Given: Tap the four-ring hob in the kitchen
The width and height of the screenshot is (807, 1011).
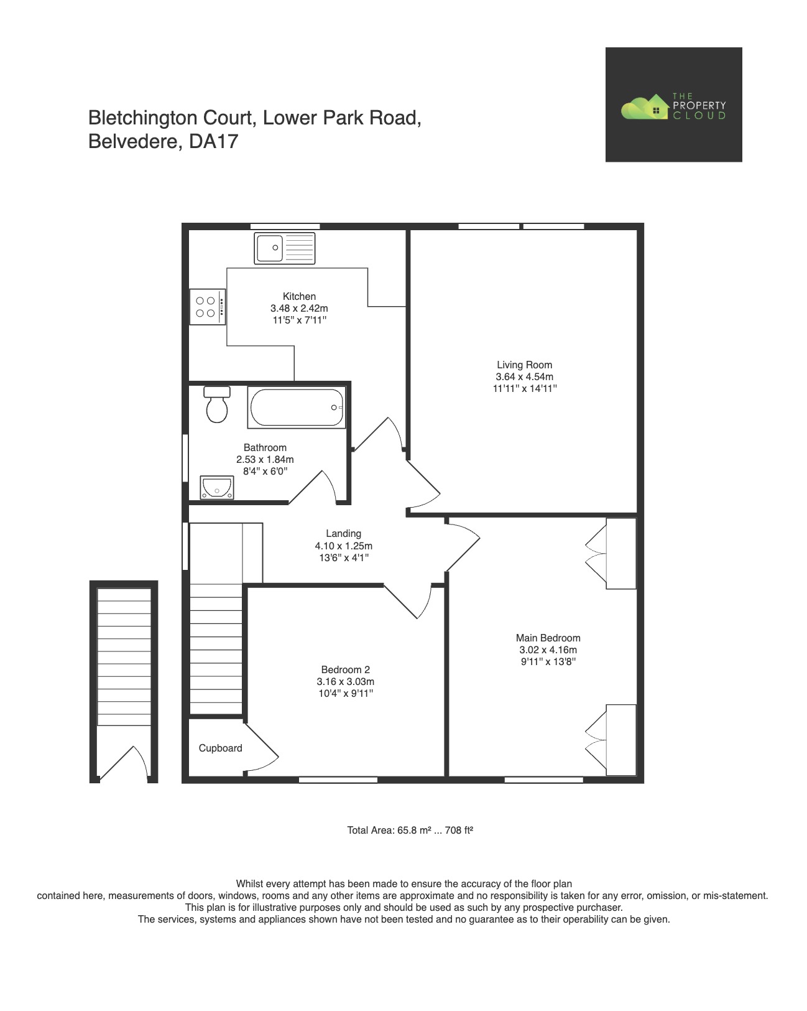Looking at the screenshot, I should pos(208,307).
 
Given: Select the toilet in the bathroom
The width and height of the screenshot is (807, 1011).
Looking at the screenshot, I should pos(217,404).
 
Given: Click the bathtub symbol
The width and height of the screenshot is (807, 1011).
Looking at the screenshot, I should pos(297,408).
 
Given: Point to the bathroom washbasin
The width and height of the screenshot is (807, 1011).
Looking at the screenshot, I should pos(216,487).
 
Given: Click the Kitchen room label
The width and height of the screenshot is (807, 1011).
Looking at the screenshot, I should pos(299,297).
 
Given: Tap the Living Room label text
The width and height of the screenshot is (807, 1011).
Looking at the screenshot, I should pos(524,365).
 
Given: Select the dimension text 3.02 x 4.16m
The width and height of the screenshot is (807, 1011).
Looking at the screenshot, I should pos(548,650).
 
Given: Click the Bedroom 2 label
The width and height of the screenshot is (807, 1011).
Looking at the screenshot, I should pos(345,670).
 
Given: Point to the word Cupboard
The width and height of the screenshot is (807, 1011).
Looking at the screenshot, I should pos(220,748).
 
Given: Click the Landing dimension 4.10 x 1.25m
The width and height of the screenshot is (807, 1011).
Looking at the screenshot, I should pos(343,546).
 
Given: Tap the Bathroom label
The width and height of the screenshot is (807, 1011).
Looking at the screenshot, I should pos(265,448).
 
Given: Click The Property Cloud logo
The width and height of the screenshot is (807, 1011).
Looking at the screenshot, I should pos(673,105).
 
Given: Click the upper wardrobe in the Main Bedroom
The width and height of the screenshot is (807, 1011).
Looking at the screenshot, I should pos(620,553).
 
